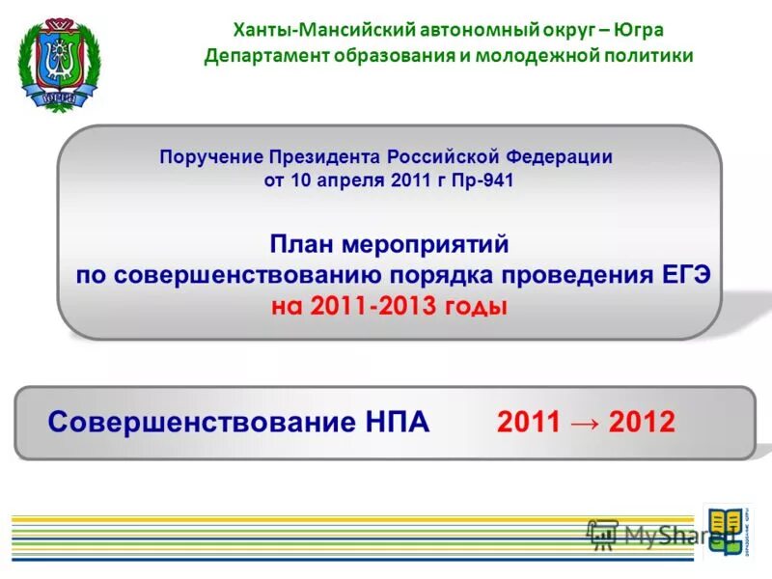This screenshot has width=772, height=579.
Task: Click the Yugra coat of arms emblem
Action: (57, 59)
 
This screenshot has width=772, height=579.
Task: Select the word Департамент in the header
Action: (267, 56)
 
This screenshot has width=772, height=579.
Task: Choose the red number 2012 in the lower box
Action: (642, 423)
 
